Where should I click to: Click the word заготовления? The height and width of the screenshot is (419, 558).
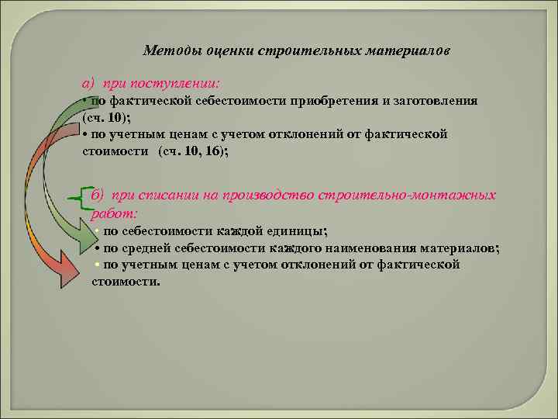coord(437,101)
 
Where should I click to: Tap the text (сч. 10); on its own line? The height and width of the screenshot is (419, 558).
coord(105,117)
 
